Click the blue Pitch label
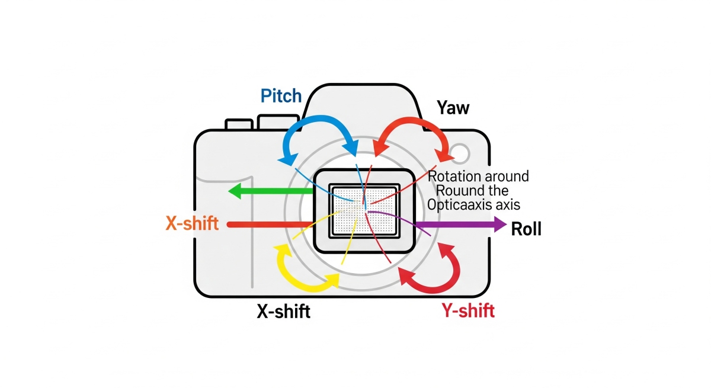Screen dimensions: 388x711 [281, 96]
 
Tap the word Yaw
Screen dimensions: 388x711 [453, 108]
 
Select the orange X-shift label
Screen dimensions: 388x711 [192, 225]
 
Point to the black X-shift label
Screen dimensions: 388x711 [283, 311]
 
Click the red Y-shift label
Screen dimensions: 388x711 [468, 310]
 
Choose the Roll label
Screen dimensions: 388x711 [526, 229]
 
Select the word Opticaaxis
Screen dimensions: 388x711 [460, 205]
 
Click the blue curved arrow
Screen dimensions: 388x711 [314, 129]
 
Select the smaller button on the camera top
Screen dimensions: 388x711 [239, 124]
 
